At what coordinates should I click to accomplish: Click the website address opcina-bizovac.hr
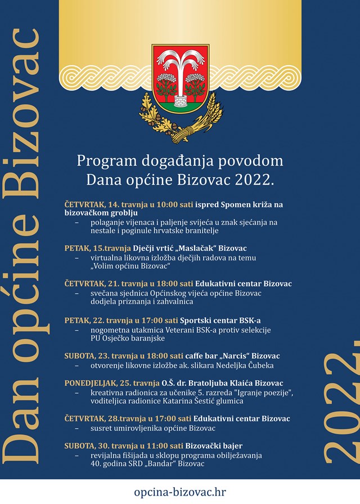click(179, 492)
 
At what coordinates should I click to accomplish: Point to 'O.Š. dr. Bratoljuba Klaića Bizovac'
click(226, 383)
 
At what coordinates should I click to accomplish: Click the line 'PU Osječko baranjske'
click(125, 339)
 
